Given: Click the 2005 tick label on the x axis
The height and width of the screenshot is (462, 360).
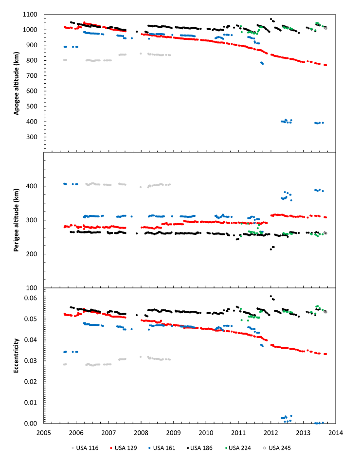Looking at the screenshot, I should coord(43,431).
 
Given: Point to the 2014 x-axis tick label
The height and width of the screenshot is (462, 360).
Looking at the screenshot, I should coord(336,431).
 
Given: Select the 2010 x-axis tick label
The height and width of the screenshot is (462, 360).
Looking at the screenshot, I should coord(206,431).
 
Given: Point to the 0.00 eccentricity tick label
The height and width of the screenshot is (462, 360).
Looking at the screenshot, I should coord(30,424).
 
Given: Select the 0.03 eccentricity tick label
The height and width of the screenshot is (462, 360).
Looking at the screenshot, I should coord(30,361).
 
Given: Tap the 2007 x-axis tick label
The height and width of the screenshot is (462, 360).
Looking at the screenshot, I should coord(108,431).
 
